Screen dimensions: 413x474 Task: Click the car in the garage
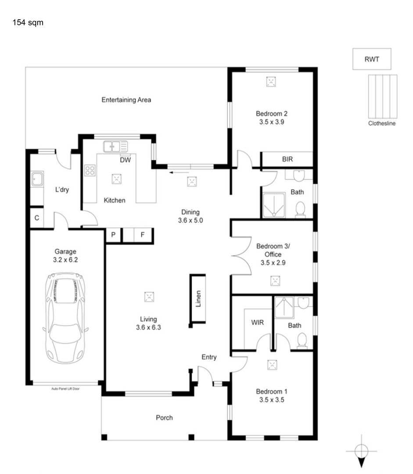coord(65,318)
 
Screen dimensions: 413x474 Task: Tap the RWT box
coord(372,59)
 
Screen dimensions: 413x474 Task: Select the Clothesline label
coord(382,123)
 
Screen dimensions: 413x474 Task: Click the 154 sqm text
coord(28,23)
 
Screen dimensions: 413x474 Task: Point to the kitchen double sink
coord(115,147)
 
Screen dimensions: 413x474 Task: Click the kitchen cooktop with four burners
coord(90,170)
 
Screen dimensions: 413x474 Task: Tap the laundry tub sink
coord(37,179)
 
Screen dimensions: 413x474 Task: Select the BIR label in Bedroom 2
coord(287,159)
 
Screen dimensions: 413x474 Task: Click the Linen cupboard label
coord(198,299)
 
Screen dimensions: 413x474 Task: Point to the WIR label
coord(257,323)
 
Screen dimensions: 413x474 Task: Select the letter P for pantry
coord(113,234)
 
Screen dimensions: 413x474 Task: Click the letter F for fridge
coord(142,234)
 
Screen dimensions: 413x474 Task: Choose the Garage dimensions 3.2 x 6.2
coord(65,260)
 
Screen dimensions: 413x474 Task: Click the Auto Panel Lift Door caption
coord(65,389)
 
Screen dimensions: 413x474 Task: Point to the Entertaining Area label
coord(126,100)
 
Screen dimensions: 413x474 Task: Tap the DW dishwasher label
coord(125,160)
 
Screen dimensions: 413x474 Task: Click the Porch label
coord(164,418)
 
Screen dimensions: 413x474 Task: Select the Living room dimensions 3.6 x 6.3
coord(148,327)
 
